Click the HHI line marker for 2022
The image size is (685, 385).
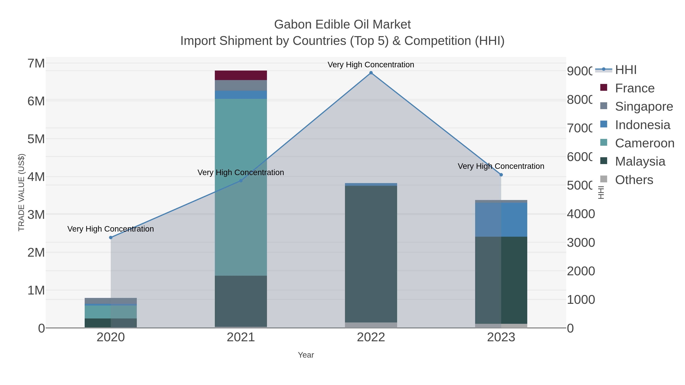pos(371,73)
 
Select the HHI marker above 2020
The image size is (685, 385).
pos(111,237)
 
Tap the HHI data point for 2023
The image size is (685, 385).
pos(501,175)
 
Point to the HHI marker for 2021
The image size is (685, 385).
pos(241,181)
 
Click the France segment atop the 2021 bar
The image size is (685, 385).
pos(241,75)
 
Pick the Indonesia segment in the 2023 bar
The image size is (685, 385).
pos(501,220)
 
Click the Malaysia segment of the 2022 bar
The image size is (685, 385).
pos(371,254)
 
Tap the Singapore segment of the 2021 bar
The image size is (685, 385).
pos(241,85)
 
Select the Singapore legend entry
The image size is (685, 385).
pos(644,106)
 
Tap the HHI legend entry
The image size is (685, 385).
pos(625,70)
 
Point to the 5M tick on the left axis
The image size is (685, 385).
pos(36,139)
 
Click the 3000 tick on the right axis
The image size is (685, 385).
pos(581,243)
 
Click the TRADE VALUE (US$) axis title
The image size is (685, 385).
pos(21,192)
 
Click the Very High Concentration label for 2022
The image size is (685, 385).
pos(371,65)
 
